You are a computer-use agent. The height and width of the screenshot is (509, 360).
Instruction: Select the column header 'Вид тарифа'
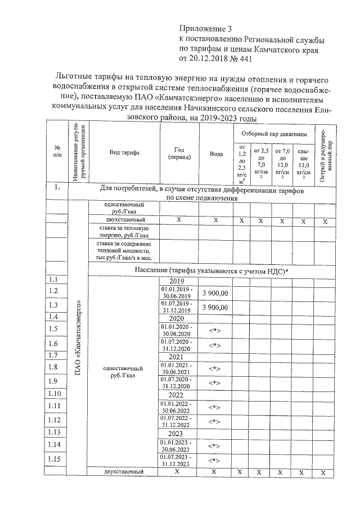(x=125, y=152)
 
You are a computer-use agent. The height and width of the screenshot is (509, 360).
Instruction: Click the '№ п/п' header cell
(x=57, y=152)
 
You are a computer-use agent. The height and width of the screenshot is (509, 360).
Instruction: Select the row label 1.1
(x=54, y=280)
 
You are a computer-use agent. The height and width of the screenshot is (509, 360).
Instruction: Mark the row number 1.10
(x=55, y=393)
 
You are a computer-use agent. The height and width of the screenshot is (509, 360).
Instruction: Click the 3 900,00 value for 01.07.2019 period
(x=215, y=307)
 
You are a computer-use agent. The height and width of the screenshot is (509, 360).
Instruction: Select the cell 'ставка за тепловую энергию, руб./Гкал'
(x=122, y=232)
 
